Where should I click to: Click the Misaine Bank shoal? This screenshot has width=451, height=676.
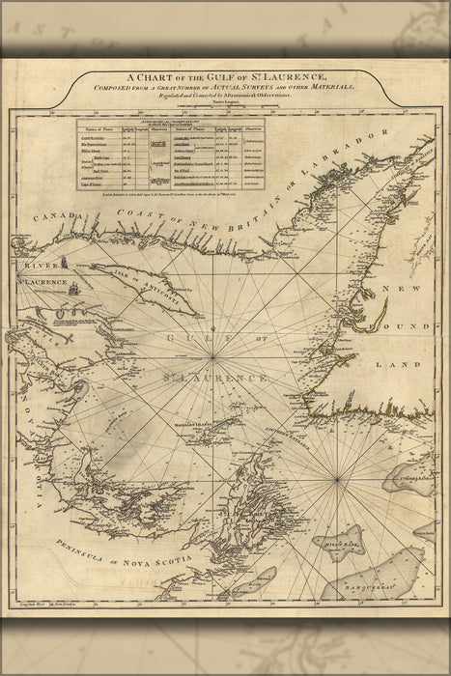345,543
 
